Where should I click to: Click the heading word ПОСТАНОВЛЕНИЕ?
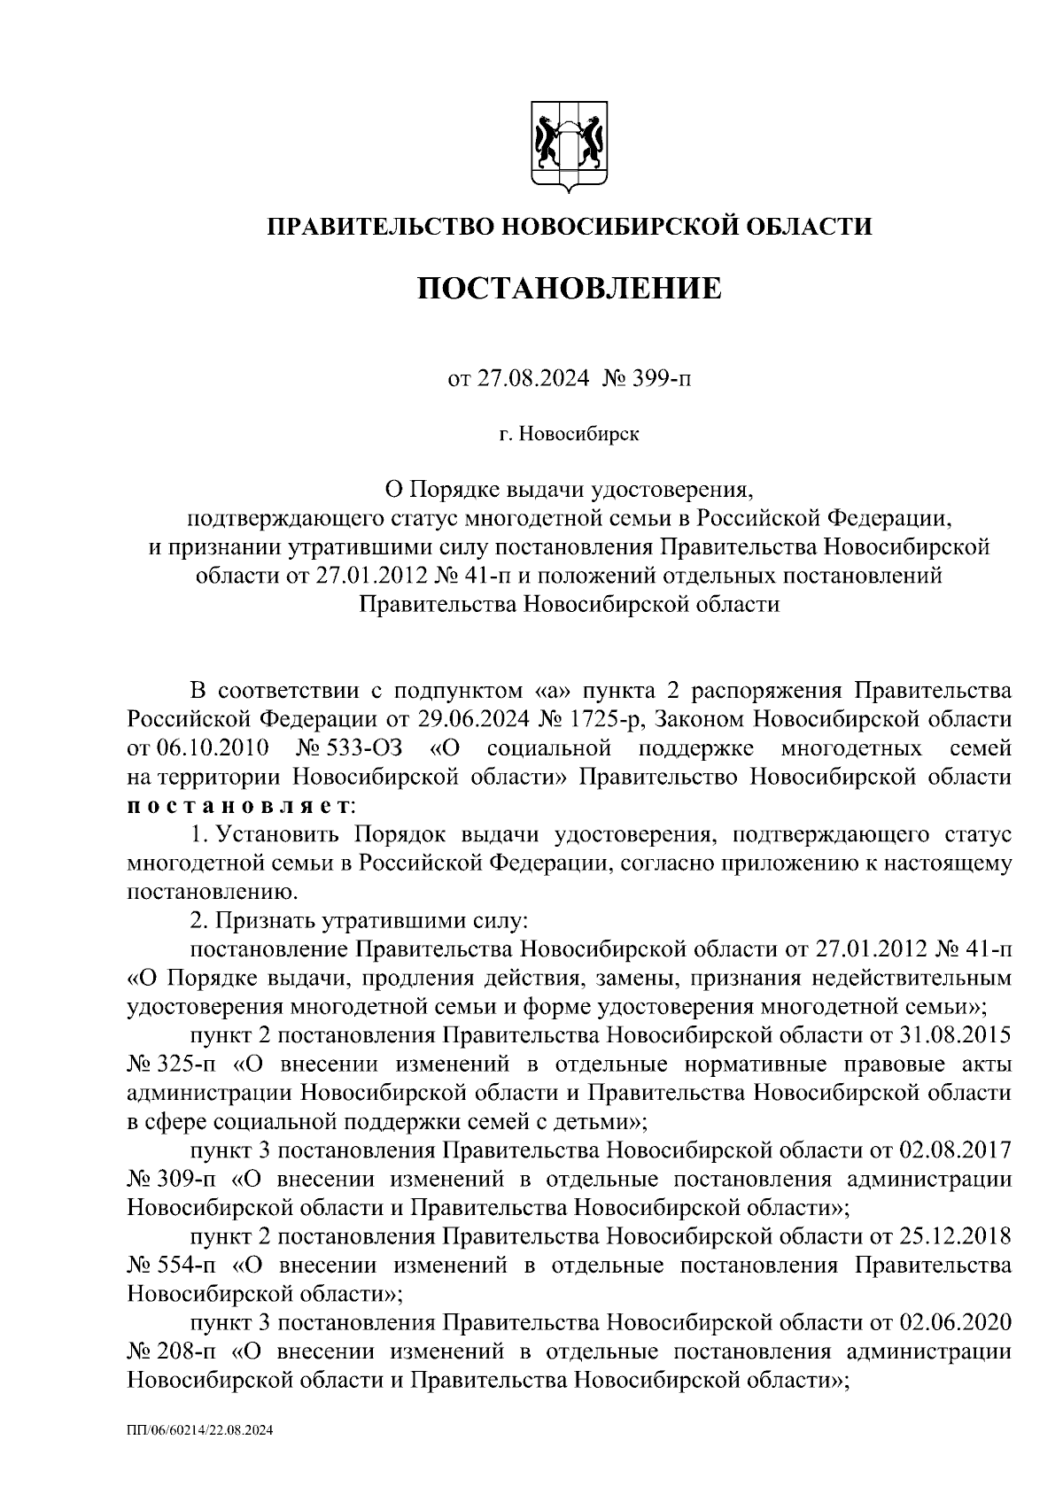(x=570, y=289)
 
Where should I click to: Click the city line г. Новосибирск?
(x=569, y=434)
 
